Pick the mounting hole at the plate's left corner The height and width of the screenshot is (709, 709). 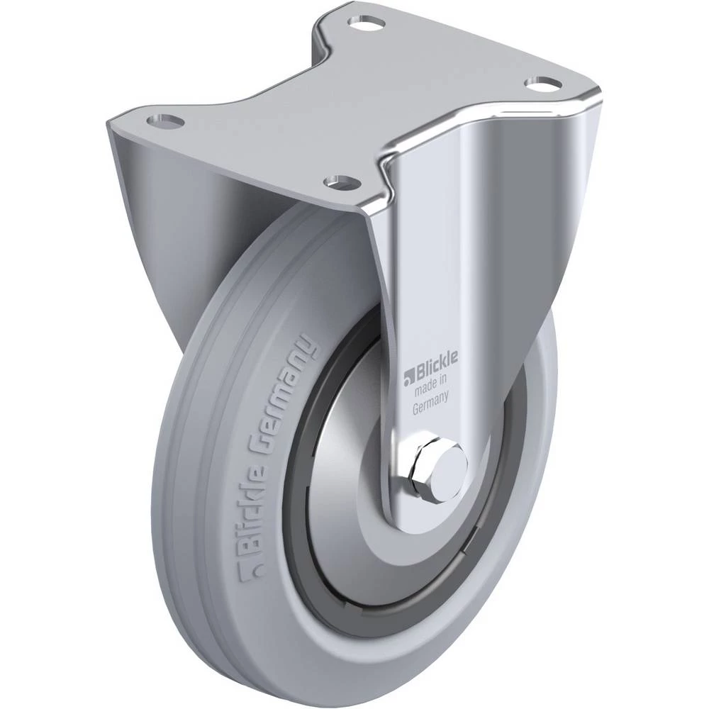click(x=165, y=121)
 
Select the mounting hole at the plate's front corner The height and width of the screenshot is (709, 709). click(x=342, y=182)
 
